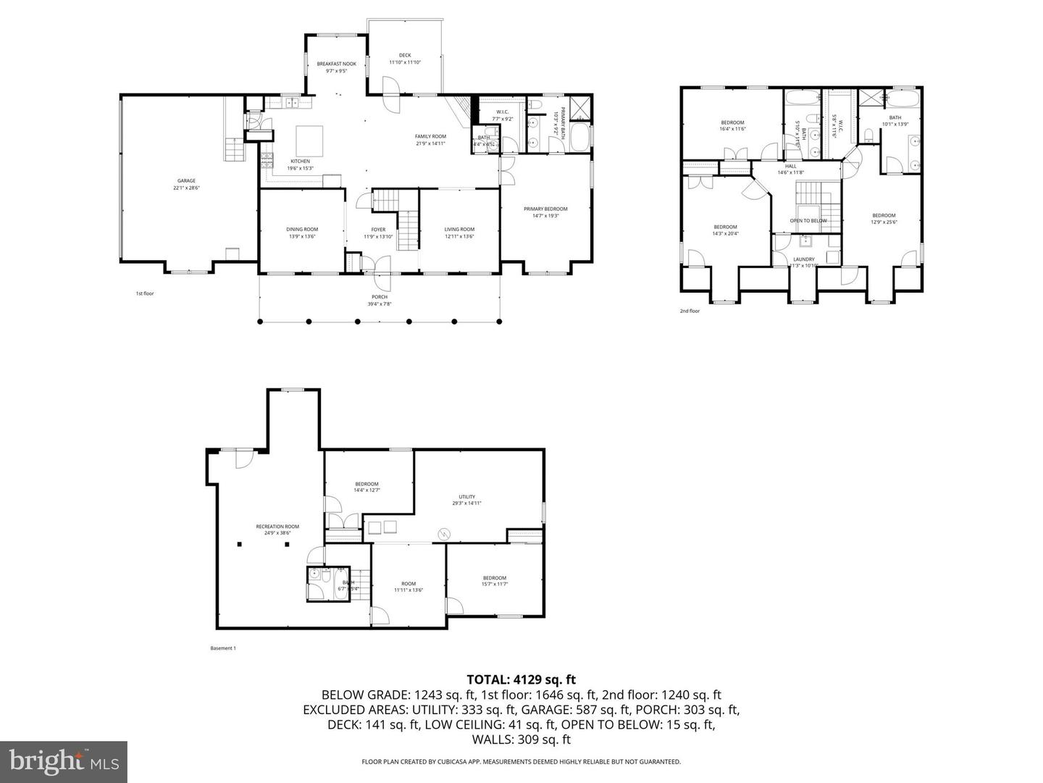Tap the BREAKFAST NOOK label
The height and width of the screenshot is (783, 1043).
pyautogui.click(x=337, y=64)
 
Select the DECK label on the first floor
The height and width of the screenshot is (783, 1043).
pyautogui.click(x=405, y=55)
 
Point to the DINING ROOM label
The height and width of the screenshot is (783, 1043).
pyautogui.click(x=302, y=230)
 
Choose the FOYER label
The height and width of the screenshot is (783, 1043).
pyautogui.click(x=378, y=230)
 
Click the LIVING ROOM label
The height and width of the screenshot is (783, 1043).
pyautogui.click(x=459, y=230)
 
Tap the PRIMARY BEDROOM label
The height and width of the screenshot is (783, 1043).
pyautogui.click(x=545, y=209)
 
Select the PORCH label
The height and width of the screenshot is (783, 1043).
pyautogui.click(x=380, y=297)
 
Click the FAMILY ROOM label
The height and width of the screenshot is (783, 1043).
pyautogui.click(x=430, y=136)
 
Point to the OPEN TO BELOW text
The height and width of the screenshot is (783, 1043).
pyautogui.click(x=808, y=221)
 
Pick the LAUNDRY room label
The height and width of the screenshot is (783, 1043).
pyautogui.click(x=804, y=259)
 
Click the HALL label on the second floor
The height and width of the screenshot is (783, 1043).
pyautogui.click(x=791, y=166)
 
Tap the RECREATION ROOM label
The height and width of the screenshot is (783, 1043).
pyautogui.click(x=277, y=527)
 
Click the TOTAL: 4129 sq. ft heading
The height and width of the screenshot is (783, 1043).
pyautogui.click(x=521, y=679)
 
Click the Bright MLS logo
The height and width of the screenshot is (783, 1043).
pyautogui.click(x=64, y=761)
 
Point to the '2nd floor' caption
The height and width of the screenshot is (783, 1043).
pyautogui.click(x=690, y=311)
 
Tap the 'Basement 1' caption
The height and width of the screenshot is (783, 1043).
pyautogui.click(x=223, y=648)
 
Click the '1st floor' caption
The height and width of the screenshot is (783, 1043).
pyautogui.click(x=145, y=293)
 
